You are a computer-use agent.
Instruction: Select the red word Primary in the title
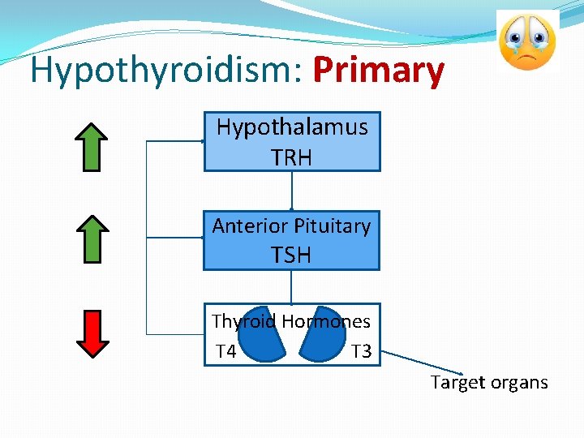(379, 71)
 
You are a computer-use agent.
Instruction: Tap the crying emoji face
(527, 41)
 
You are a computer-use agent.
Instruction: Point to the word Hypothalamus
(292, 127)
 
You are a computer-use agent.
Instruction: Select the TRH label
(292, 157)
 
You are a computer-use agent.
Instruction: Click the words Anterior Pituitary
(291, 225)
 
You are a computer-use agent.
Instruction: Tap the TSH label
(291, 255)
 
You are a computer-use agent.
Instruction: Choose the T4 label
(225, 351)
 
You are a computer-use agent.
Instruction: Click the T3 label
(361, 351)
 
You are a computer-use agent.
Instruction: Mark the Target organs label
(489, 382)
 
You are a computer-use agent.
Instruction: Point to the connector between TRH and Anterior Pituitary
(291, 191)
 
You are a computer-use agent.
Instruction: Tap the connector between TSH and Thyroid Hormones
(291, 286)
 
